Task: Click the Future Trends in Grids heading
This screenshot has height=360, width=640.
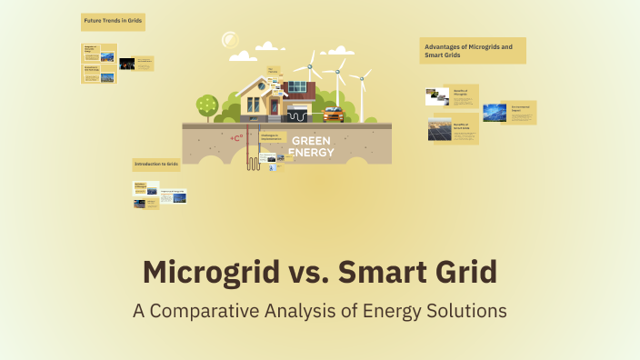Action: pyautogui.click(x=114, y=19)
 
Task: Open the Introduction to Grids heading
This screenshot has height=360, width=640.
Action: pyautogui.click(x=156, y=165)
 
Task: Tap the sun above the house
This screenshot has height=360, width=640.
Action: pyautogui.click(x=231, y=40)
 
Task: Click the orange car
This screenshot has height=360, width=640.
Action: pyautogui.click(x=333, y=115)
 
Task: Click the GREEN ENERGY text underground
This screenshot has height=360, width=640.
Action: pyautogui.click(x=312, y=146)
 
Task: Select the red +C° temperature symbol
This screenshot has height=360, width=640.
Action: pyautogui.click(x=236, y=138)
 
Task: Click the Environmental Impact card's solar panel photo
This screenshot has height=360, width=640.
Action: pyautogui.click(x=495, y=113)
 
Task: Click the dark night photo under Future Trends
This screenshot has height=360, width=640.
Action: pyautogui.click(x=127, y=64)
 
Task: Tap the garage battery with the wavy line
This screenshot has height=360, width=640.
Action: pyautogui.click(x=297, y=115)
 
